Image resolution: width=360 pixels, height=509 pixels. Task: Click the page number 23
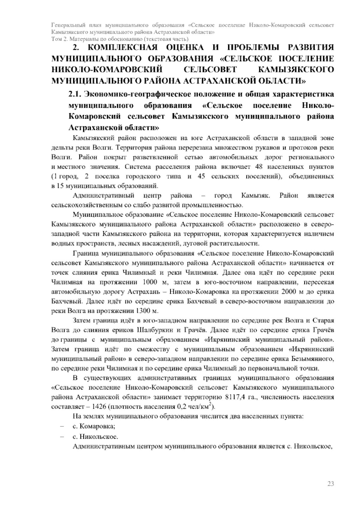pyautogui.click(x=331, y=484)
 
